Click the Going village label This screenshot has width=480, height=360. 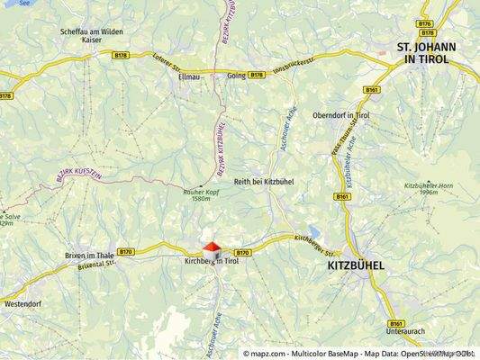pos(236,76)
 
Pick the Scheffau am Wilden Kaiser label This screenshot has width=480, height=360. pos(91,35)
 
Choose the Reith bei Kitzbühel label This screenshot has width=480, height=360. pos(264,182)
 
